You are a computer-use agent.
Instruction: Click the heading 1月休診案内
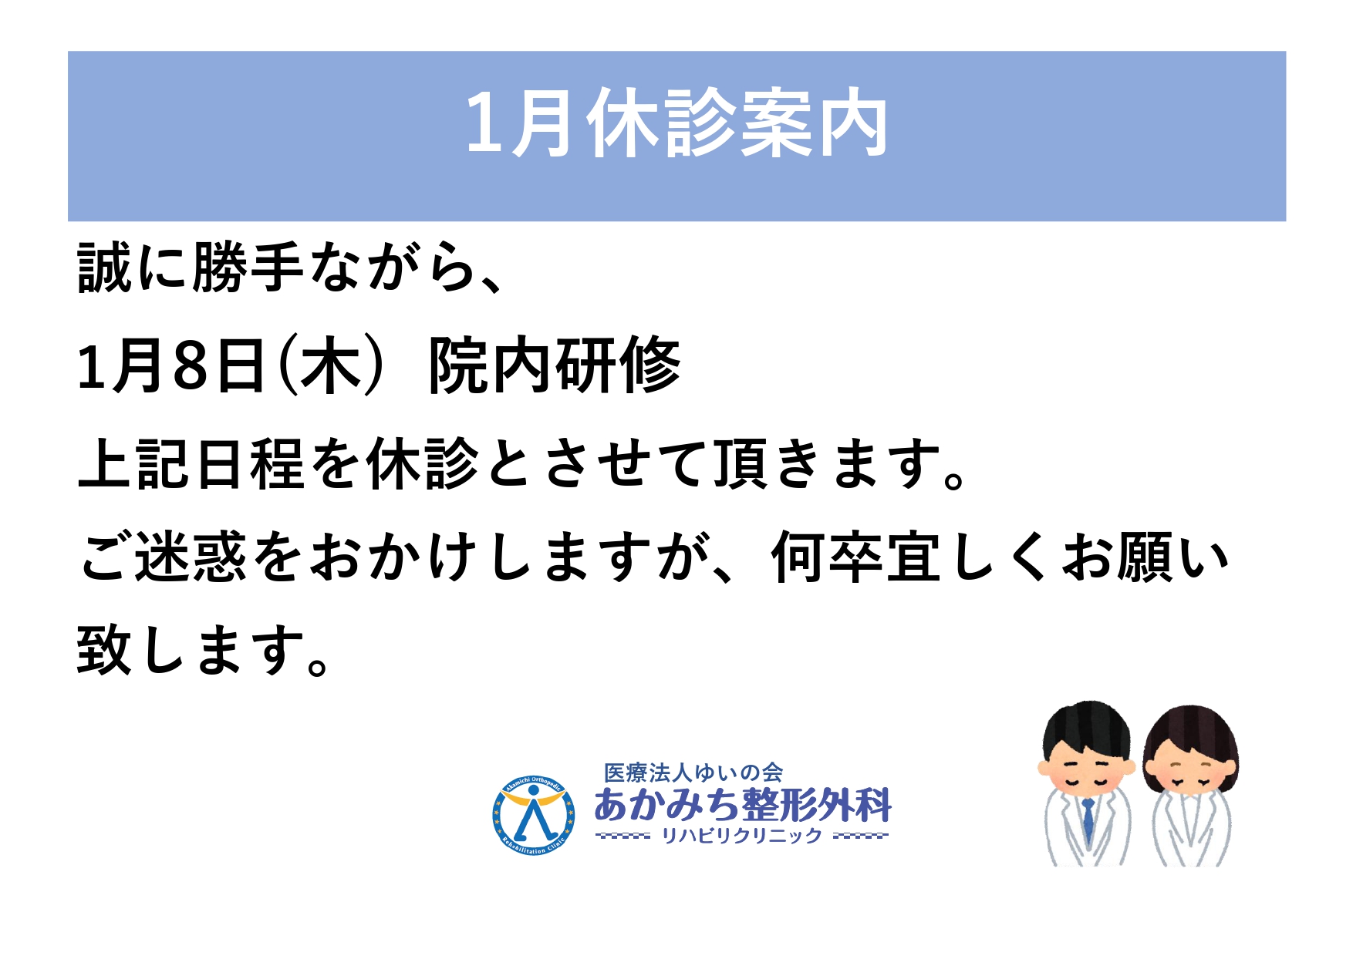coord(676,123)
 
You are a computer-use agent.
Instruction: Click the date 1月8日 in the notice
coord(171,365)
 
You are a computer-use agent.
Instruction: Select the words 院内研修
coord(555,365)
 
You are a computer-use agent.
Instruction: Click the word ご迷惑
coord(164,557)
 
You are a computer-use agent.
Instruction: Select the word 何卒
coord(827,557)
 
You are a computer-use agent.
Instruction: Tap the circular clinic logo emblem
coord(533,815)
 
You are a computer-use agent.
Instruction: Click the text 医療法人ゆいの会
coord(693,773)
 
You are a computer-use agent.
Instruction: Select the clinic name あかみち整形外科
coord(743,805)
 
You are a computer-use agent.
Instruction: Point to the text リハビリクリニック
coord(742,836)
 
